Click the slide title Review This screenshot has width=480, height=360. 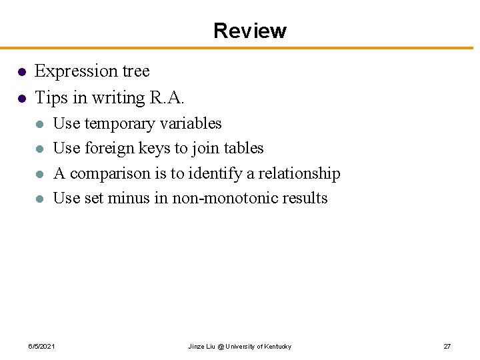click(250, 31)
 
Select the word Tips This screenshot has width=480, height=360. click(51, 97)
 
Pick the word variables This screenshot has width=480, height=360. click(195, 123)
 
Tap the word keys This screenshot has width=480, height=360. click(153, 148)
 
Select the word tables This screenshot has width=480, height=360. click(244, 148)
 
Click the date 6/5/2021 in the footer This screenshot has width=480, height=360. click(41, 347)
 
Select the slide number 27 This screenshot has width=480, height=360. click(447, 347)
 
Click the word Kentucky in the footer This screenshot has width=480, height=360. click(278, 347)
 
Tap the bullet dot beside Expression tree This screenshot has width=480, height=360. click(21, 72)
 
